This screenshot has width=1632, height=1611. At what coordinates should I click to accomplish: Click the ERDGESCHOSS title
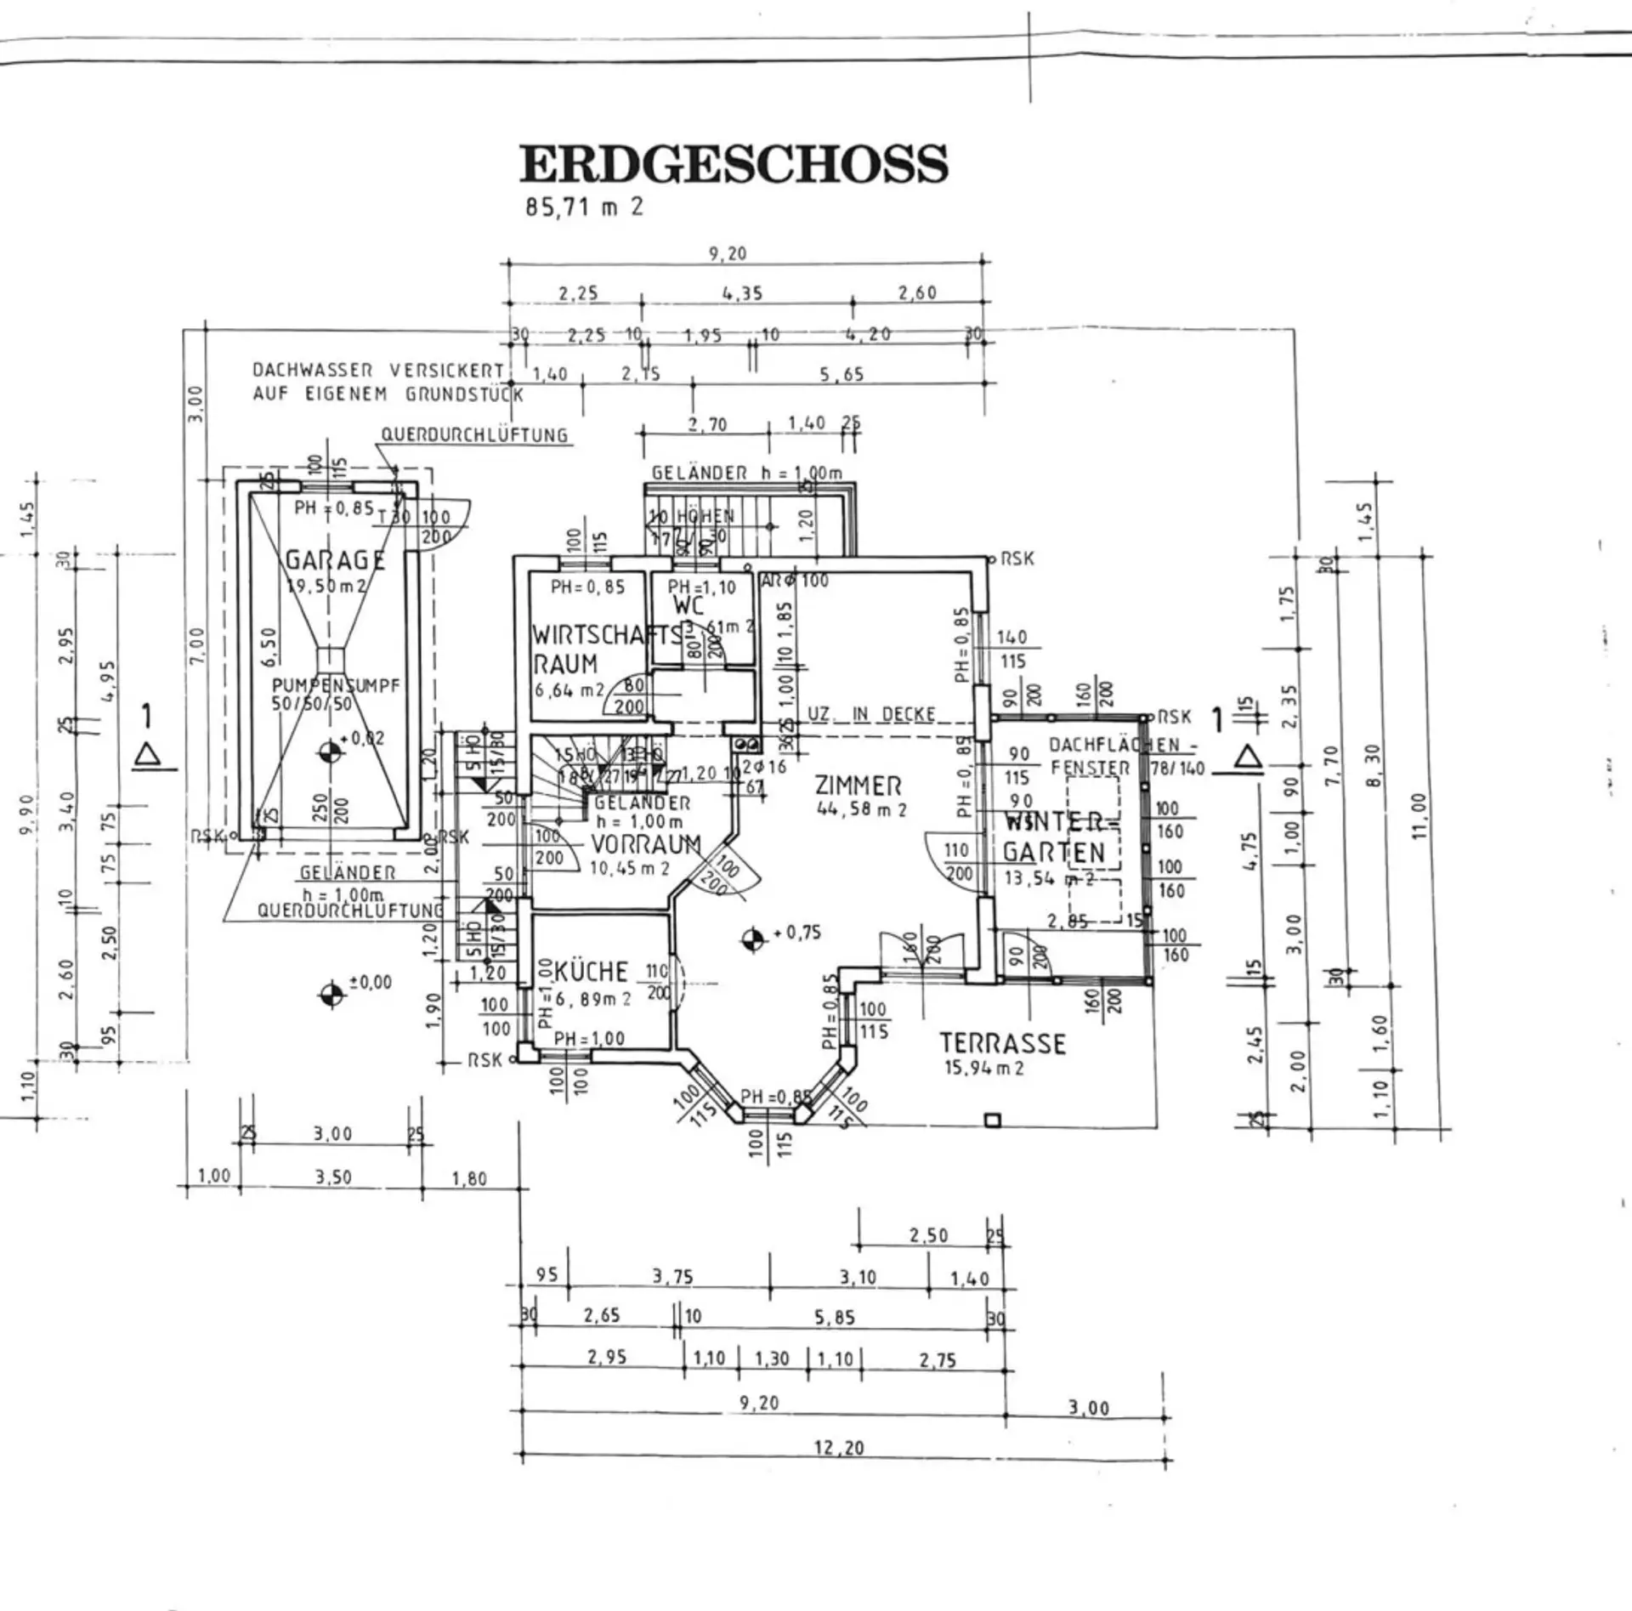tap(734, 164)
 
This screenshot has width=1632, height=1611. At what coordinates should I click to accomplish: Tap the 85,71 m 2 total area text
tap(585, 207)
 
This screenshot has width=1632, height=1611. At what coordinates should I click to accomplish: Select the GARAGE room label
tap(335, 560)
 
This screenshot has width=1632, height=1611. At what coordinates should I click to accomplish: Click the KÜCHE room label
tap(592, 972)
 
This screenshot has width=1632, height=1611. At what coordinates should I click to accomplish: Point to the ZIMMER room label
tap(858, 786)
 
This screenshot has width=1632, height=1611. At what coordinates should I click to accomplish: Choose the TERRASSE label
tap(1002, 1043)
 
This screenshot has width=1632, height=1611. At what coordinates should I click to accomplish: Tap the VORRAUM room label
tap(646, 844)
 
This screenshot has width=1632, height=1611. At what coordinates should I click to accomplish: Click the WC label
tap(688, 605)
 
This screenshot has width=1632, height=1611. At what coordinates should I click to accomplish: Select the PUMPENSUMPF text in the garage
tap(335, 685)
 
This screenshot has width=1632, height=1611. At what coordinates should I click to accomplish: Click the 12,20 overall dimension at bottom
tap(839, 1446)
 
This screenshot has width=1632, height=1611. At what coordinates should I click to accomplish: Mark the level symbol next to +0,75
tap(752, 939)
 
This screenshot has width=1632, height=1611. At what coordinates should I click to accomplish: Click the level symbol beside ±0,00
tap(332, 993)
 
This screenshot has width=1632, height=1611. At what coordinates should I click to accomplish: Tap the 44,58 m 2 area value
tap(861, 809)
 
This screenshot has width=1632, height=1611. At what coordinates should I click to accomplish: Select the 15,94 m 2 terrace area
tap(984, 1068)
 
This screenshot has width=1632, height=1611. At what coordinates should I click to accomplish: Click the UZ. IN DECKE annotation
tap(870, 714)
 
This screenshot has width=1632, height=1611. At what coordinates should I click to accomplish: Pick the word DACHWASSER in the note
tap(312, 371)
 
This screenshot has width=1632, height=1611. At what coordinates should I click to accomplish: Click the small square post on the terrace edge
tap(992, 1120)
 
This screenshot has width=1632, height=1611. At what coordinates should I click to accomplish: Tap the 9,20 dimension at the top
tap(728, 253)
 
